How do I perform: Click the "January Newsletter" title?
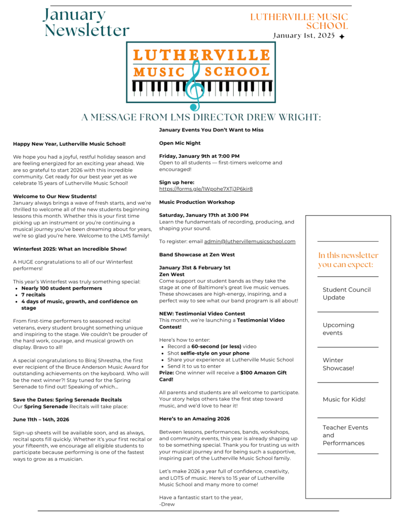[86, 22]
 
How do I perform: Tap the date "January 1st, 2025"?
[304, 36]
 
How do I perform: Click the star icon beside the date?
[342, 37]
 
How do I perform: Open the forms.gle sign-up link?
[205, 189]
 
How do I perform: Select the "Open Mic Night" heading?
[180, 143]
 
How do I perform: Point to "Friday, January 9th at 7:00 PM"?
[199, 156]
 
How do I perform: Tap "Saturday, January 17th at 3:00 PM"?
[204, 215]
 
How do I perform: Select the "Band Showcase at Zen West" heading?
[197, 254]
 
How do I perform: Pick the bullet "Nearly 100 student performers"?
[61, 288]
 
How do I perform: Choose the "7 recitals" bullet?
[33, 295]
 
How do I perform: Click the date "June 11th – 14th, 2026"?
[41, 419]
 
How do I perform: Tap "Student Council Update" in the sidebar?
[347, 294]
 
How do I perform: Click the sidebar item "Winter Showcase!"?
[338, 364]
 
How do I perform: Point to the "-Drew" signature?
[167, 504]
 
